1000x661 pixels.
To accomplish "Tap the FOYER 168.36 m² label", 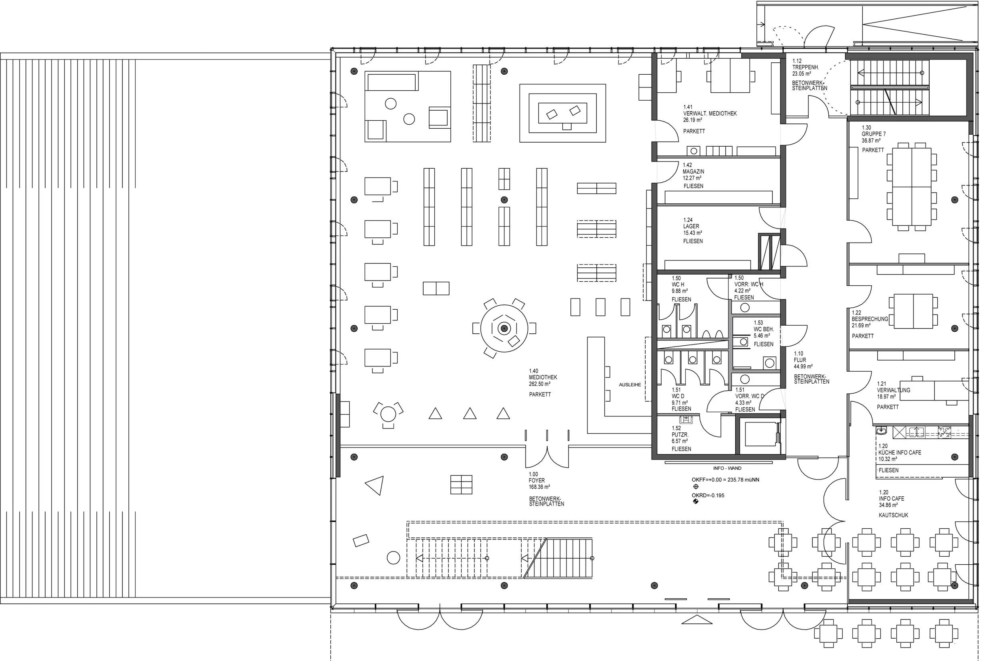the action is [539, 481].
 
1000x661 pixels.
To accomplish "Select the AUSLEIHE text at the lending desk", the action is [630, 385].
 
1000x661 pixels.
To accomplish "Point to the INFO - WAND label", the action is [728, 468].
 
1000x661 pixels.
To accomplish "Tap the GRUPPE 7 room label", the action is [872, 134].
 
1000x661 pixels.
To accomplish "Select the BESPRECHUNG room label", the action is [870, 319].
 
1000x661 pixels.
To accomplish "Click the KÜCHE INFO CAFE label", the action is [900, 452].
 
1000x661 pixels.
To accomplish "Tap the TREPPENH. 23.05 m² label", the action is [806, 67].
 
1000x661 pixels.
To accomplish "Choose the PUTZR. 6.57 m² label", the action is [680, 435].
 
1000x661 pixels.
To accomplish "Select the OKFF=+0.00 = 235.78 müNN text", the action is [725, 480].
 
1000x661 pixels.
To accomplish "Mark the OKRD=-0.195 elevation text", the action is [708, 495].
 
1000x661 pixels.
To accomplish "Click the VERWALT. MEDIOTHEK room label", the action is [710, 113].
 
